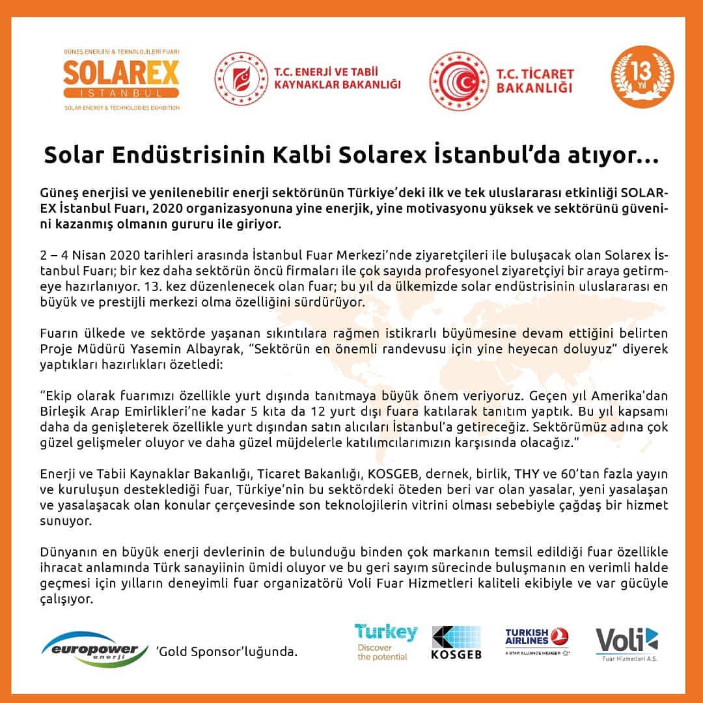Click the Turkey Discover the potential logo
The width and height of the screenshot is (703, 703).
386,642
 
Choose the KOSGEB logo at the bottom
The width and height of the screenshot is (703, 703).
456,642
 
